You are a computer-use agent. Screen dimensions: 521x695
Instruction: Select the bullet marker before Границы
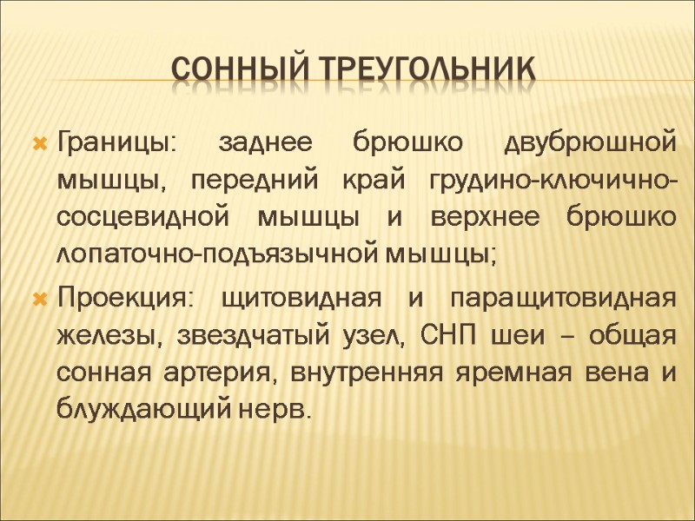(x=38, y=142)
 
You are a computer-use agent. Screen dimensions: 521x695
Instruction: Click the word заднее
(x=261, y=142)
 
